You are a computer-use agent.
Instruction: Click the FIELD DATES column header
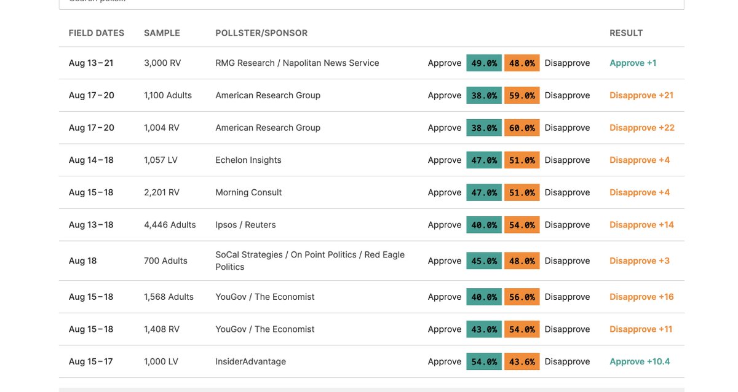click(97, 33)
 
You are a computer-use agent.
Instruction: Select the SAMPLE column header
click(162, 33)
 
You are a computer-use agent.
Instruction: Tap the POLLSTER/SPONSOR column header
click(261, 33)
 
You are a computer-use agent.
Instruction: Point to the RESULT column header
click(626, 33)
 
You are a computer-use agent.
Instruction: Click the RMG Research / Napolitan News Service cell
click(297, 63)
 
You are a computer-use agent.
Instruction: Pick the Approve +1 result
click(633, 63)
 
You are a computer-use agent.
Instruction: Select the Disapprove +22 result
click(642, 128)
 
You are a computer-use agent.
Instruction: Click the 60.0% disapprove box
click(522, 128)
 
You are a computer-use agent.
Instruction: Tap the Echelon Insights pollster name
click(248, 160)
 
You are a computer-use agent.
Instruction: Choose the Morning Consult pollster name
click(248, 192)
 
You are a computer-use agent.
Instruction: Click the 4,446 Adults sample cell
click(170, 225)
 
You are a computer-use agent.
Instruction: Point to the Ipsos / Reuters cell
click(245, 225)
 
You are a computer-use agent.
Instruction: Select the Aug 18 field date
click(82, 261)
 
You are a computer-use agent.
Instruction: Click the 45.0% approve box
click(484, 261)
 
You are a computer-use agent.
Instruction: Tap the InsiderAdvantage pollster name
click(250, 362)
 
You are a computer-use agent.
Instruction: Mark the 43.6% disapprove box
click(522, 362)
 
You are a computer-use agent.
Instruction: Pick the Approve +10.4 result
click(640, 362)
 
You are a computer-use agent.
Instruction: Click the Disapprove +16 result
click(641, 297)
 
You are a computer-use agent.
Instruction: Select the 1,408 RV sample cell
click(162, 329)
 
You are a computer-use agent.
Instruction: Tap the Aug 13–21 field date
click(91, 63)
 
